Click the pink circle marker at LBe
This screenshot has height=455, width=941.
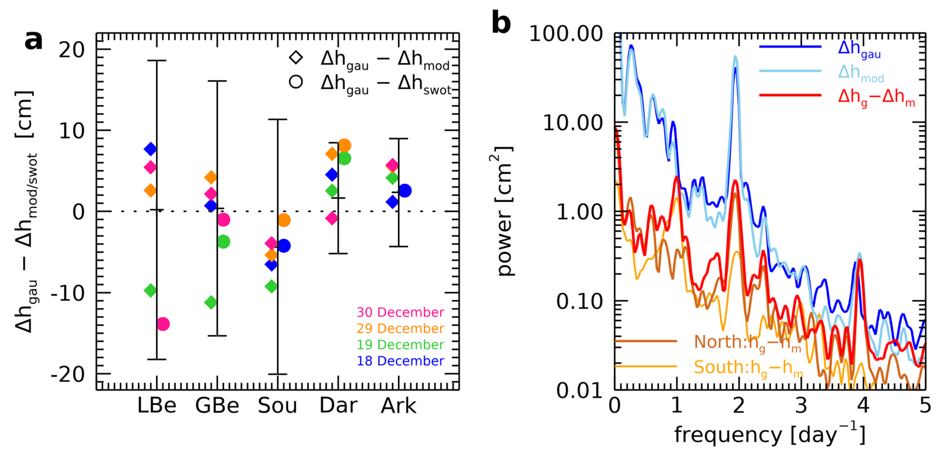click(163, 324)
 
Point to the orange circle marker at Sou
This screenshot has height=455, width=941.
click(284, 220)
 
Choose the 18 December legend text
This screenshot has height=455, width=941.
click(400, 361)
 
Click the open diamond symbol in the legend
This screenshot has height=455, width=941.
click(296, 57)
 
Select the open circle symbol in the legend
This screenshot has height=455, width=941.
click(296, 82)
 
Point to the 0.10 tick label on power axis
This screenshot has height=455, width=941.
click(579, 301)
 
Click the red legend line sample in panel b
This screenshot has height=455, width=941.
click(790, 95)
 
